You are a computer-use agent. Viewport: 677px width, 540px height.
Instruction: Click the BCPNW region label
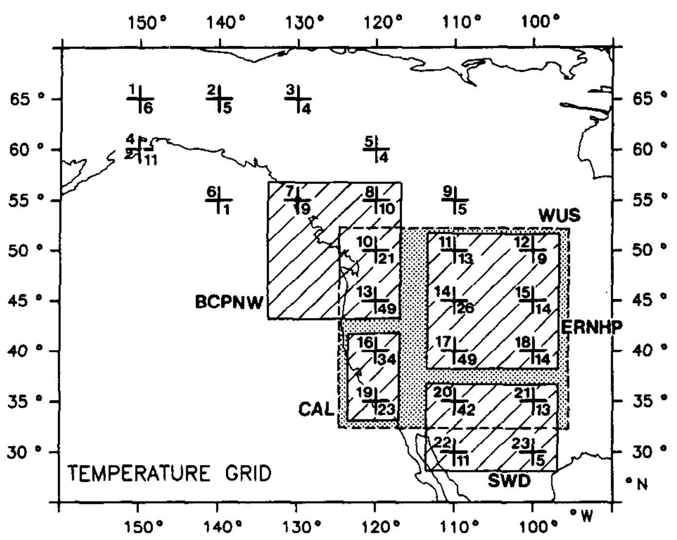229,302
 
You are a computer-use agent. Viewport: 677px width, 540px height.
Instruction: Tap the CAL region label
316,409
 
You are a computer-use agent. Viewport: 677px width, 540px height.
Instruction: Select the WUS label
559,216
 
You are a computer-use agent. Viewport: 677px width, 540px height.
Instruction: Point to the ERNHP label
591,327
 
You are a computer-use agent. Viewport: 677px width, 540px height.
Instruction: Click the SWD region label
509,481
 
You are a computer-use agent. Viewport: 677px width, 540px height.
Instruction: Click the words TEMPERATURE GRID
169,473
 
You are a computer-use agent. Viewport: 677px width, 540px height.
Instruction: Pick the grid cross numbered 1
141,99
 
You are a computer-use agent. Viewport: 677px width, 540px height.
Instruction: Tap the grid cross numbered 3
298,99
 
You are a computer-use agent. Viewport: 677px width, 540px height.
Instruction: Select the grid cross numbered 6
219,199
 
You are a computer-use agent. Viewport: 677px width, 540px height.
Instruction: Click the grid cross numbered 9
455,199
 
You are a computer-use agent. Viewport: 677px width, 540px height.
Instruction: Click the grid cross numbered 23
533,451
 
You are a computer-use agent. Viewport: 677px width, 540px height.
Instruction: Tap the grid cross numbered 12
533,250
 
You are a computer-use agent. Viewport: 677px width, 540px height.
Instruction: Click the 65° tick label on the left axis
27,99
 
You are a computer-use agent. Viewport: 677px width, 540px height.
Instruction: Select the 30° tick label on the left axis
27,452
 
